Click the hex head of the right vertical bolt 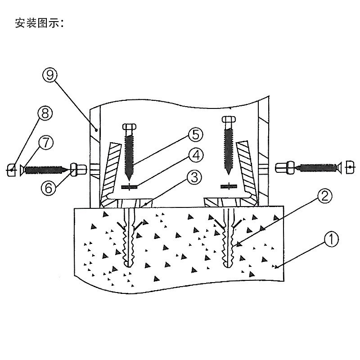pos(229,120)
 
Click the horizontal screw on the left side pos(45,170)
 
